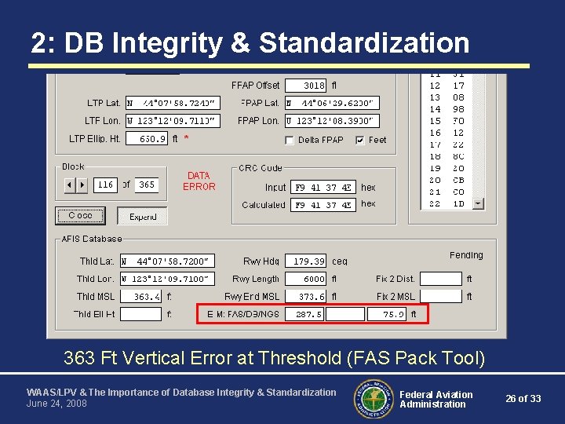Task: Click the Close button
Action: (79, 215)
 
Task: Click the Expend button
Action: (142, 216)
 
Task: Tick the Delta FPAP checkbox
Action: (290, 141)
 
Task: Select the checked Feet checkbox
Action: (360, 141)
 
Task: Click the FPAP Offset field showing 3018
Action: (304, 85)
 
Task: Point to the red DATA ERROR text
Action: (199, 181)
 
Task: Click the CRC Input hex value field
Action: (323, 188)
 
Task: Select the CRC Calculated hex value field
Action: (323, 205)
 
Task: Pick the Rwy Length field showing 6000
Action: (304, 279)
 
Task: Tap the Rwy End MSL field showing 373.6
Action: (304, 297)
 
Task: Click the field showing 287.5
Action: (304, 314)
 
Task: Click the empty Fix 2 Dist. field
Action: (440, 279)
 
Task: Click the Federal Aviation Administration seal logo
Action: (374, 399)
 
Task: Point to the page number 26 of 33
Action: (523, 399)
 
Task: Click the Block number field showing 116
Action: (105, 185)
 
